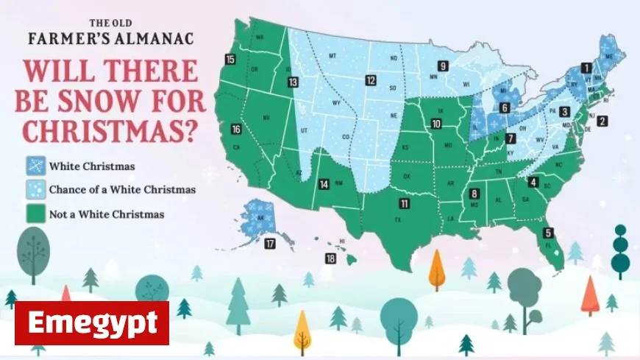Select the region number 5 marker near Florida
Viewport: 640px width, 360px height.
coord(548,233)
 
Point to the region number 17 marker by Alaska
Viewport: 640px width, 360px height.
coord(270,244)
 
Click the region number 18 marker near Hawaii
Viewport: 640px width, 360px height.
coord(330,258)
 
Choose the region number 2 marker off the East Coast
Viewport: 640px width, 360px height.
coord(602,121)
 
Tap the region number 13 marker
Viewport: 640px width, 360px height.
coord(293,82)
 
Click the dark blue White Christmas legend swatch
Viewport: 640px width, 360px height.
coord(34,166)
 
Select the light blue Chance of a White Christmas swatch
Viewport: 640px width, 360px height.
coord(34,190)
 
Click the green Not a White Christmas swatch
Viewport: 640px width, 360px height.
coord(34,214)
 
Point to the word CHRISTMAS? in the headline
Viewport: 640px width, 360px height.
coord(110,131)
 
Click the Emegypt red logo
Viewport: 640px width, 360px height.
coord(92,322)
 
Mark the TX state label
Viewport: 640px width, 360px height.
coord(398,219)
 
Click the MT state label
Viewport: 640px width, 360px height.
coord(332,56)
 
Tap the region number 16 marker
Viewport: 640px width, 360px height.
coord(236,130)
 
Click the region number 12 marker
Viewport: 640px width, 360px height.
coord(371,80)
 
